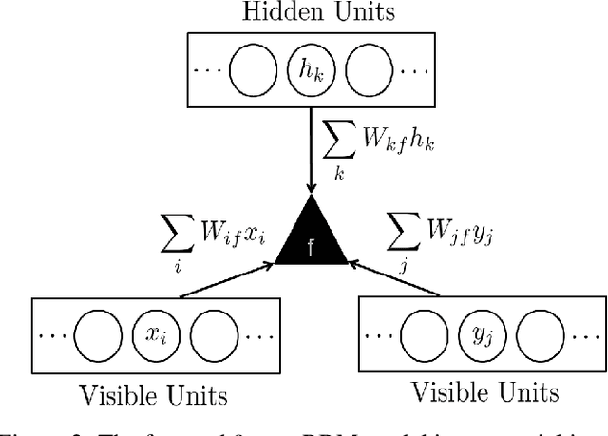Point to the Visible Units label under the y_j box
pyautogui.click(x=485, y=392)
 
